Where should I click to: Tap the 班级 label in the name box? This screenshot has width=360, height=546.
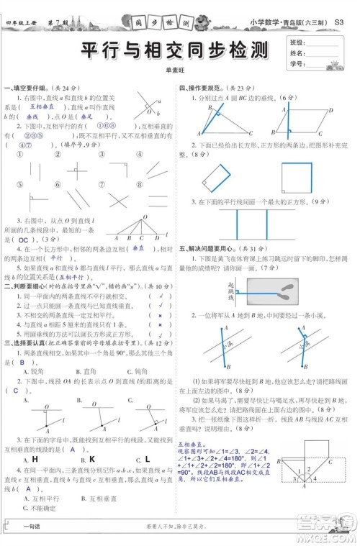295,42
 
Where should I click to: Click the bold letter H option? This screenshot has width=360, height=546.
34,458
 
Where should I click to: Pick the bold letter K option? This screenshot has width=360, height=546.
92,458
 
